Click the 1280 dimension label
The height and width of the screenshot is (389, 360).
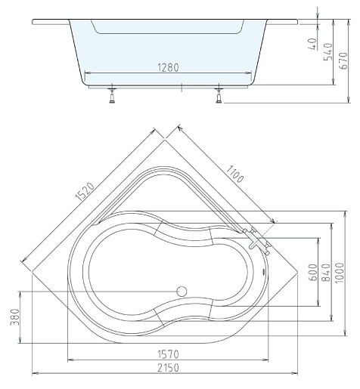[x=168, y=67]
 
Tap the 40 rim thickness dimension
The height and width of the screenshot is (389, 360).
[x=312, y=44]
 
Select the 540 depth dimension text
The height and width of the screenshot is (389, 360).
[x=328, y=52]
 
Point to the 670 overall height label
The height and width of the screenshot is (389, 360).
[x=343, y=60]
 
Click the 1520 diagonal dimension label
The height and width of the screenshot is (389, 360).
[x=85, y=192]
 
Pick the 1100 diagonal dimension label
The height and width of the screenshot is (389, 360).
[x=234, y=174]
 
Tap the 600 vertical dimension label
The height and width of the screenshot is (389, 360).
[x=313, y=272]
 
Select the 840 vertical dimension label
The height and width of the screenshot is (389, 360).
[x=326, y=272]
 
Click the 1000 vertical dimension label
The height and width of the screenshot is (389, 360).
[x=340, y=273]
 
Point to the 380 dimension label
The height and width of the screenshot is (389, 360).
[x=15, y=317]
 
